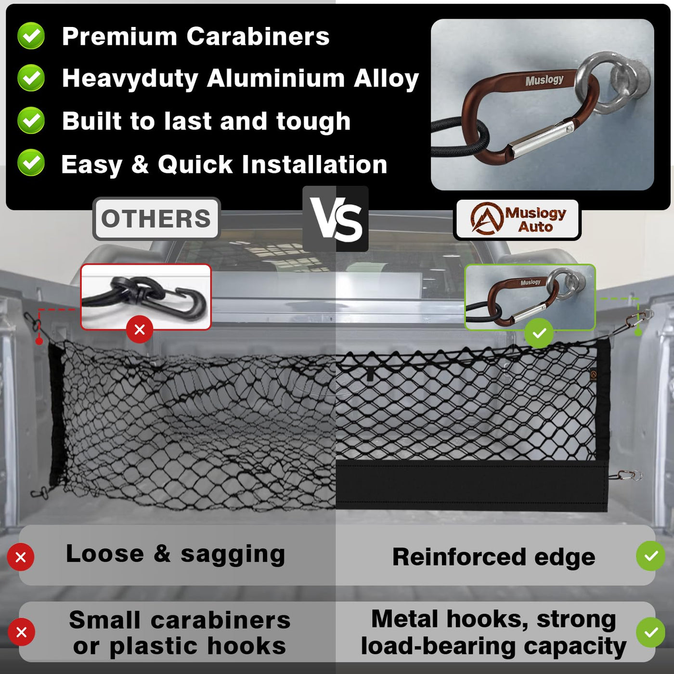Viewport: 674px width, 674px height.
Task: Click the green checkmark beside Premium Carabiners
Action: pos(31,36)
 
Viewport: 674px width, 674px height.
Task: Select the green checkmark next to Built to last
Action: pos(31,120)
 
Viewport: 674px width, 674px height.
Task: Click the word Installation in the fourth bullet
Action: pos(314,164)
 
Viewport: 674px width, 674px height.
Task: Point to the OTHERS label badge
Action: pos(156,219)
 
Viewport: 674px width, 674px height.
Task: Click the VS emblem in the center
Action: pos(336,219)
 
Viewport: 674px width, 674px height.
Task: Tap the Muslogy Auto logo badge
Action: pos(518,220)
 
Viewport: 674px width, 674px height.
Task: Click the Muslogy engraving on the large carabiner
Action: pos(544,80)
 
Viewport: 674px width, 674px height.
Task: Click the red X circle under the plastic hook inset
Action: pos(140,329)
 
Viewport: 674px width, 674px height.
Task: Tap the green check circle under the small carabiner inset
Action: pos(539,333)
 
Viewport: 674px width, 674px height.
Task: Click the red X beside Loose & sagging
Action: pos(21,557)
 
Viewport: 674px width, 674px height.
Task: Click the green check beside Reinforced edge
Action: pos(650,556)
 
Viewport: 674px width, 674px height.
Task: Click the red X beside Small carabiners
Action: pos(21,632)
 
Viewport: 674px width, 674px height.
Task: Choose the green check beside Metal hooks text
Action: pos(650,632)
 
